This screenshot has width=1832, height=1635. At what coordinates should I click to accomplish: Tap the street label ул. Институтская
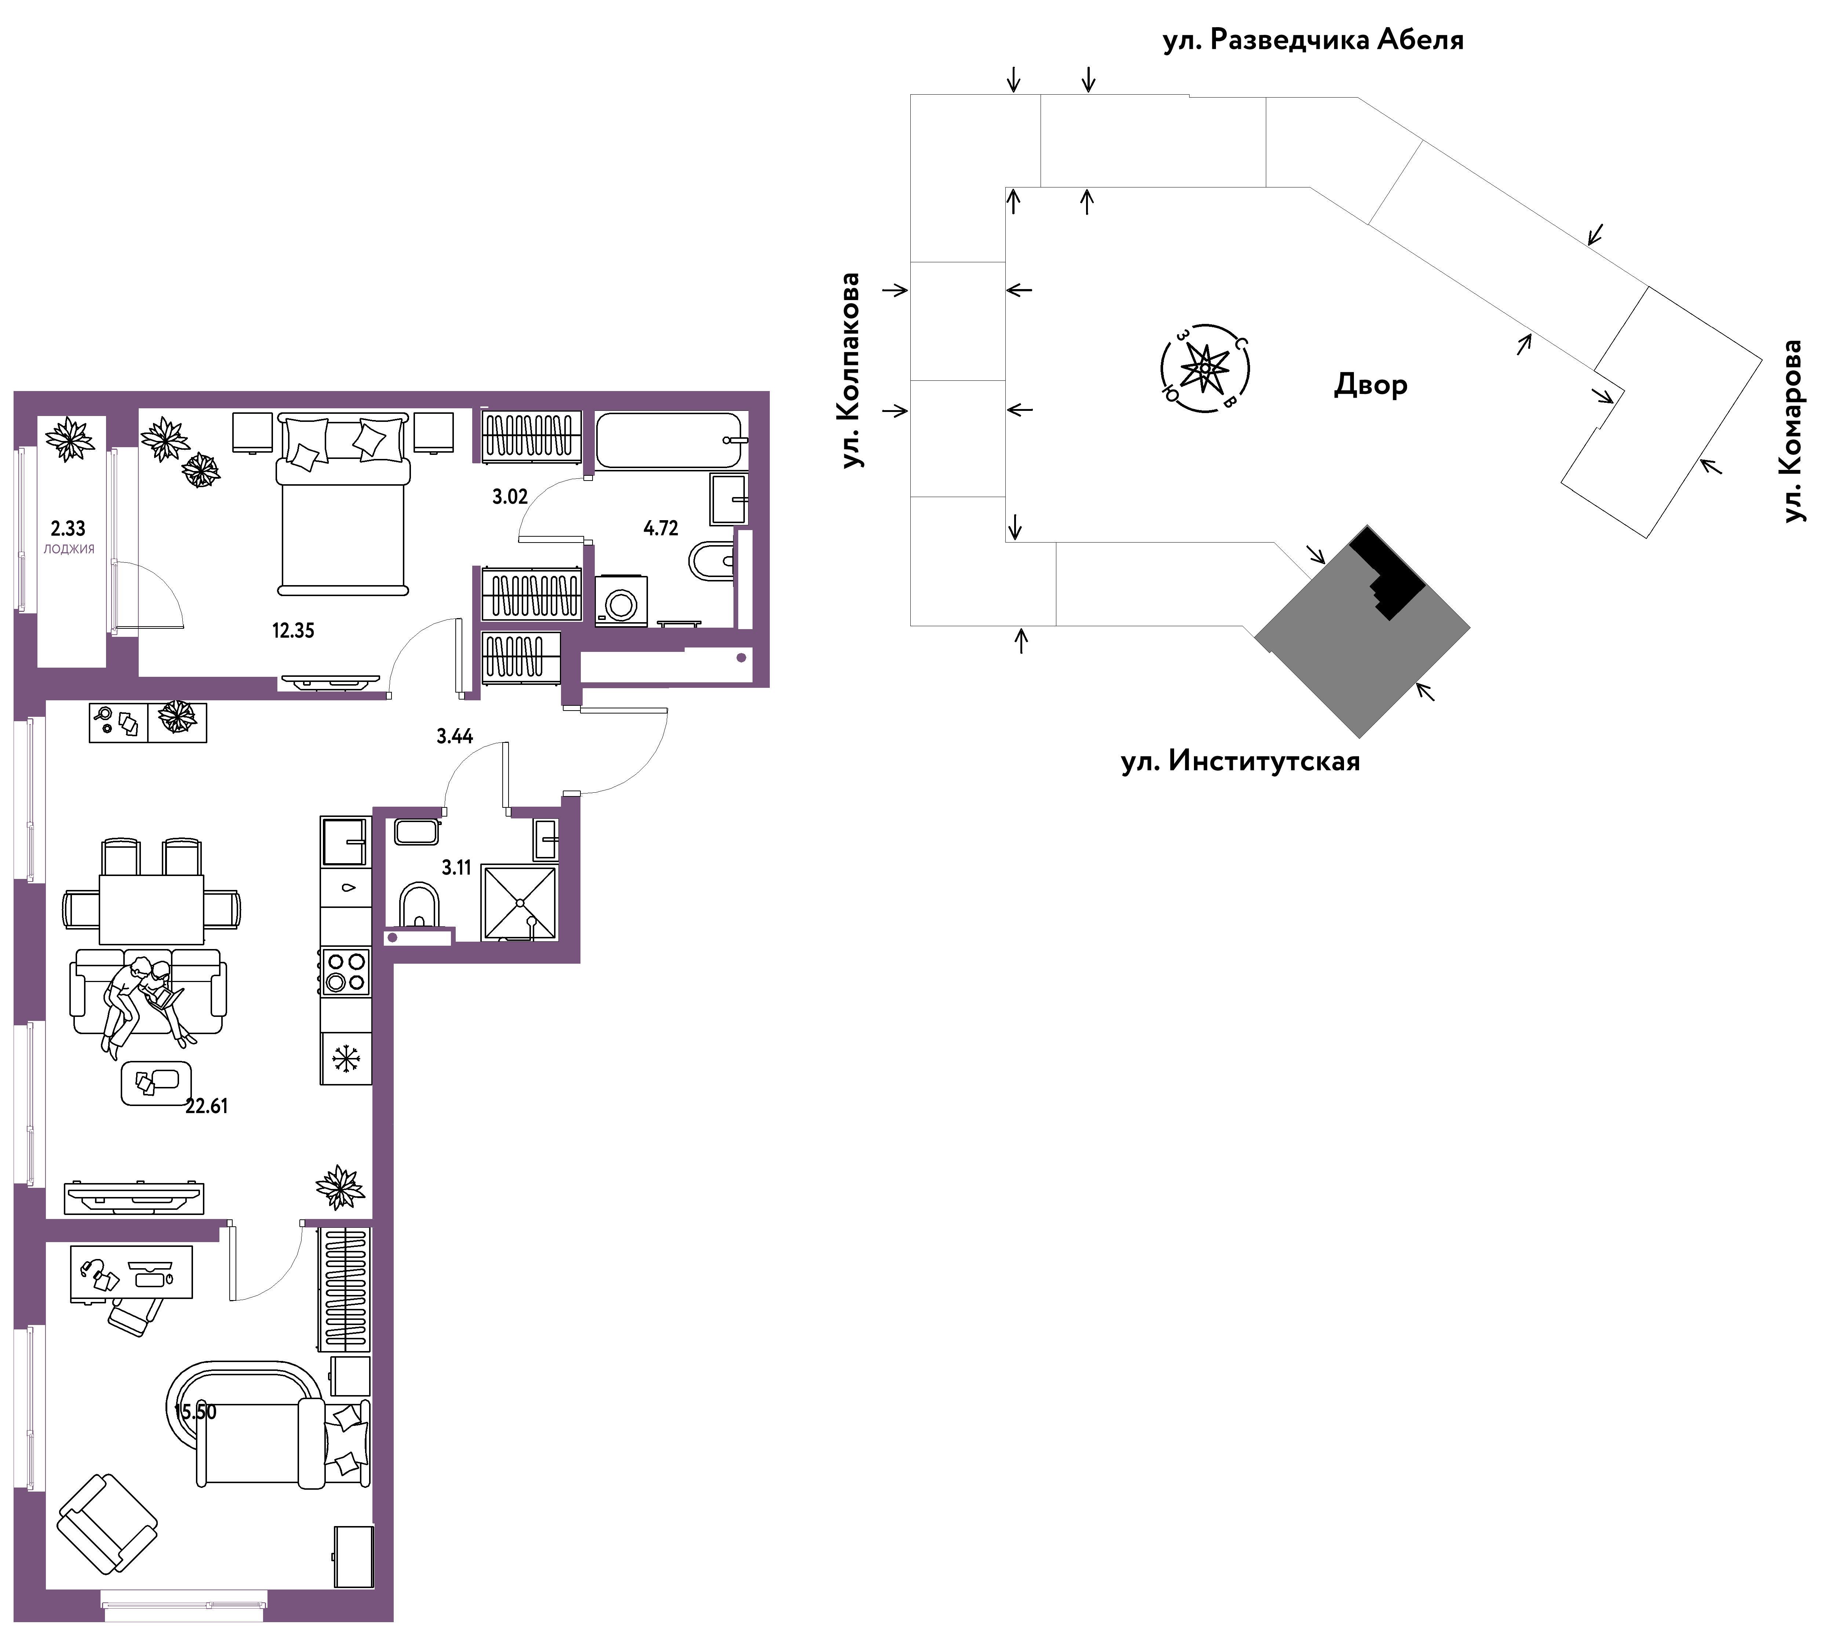pos(1241,762)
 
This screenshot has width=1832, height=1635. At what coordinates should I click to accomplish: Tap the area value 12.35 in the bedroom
pos(293,631)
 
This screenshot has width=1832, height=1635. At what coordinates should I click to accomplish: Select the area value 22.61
pos(207,1107)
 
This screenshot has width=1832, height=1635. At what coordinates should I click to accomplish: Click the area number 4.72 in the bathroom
pos(660,528)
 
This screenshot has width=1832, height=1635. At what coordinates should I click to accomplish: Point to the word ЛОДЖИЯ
pos(69,549)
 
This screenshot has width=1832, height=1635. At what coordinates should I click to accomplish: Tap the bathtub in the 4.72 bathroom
pos(669,440)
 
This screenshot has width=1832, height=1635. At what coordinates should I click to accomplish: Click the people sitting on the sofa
pos(144,1003)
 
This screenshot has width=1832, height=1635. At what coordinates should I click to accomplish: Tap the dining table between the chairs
pos(151,909)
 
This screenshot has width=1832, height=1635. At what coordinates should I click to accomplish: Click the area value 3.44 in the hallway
pos(455,737)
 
